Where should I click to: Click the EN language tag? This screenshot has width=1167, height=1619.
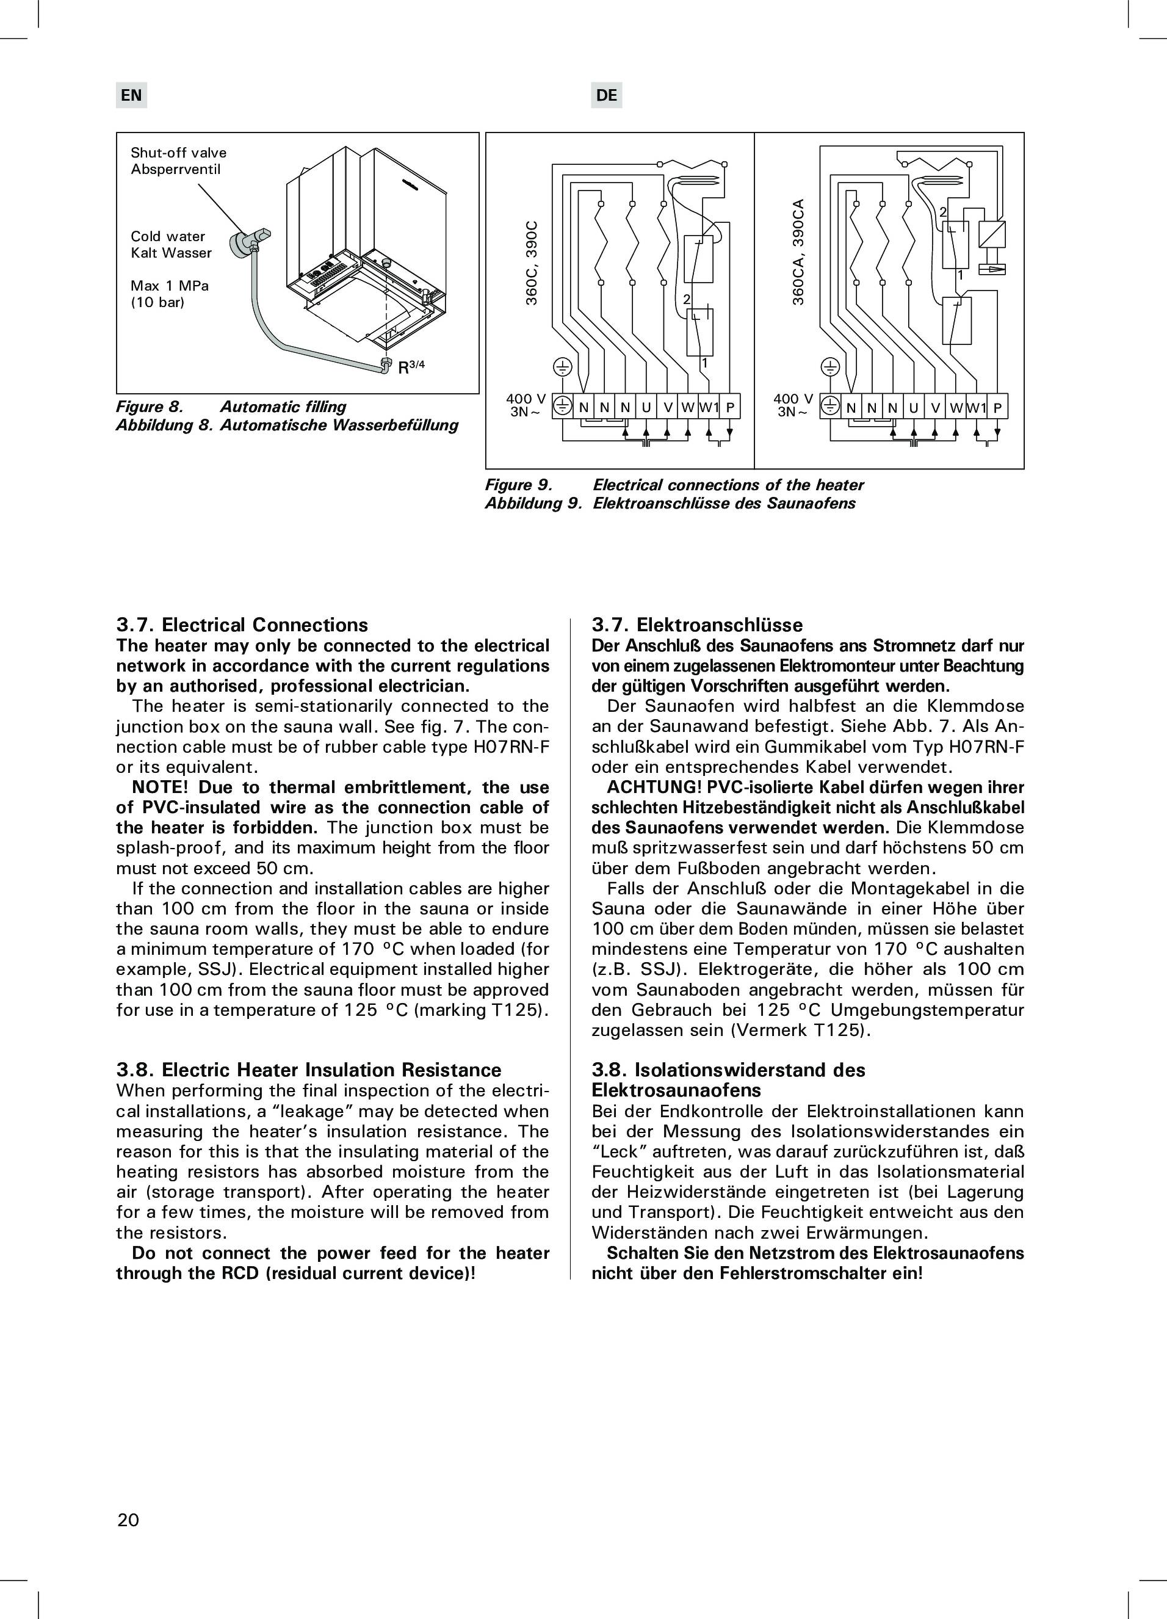[x=131, y=95]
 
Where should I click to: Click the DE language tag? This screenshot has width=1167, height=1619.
[x=606, y=95]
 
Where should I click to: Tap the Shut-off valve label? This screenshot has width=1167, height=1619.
[x=178, y=153]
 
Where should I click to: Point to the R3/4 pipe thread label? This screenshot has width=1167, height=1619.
[x=411, y=368]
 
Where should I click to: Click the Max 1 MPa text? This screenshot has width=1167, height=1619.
[x=169, y=286]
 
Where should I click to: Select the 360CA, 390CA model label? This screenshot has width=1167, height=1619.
[x=799, y=252]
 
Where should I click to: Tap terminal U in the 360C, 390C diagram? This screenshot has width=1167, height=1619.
[x=646, y=408]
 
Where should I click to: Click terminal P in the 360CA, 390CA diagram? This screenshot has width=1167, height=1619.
[x=997, y=408]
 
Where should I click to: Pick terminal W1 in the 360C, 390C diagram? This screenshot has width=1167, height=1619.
[x=709, y=408]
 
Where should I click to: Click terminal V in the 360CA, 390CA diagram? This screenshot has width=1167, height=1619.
[x=934, y=408]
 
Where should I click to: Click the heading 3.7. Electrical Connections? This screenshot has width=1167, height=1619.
[x=242, y=625]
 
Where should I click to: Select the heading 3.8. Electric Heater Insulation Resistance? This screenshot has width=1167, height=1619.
[x=308, y=1070]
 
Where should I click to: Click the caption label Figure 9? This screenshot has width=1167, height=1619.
[x=519, y=485]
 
